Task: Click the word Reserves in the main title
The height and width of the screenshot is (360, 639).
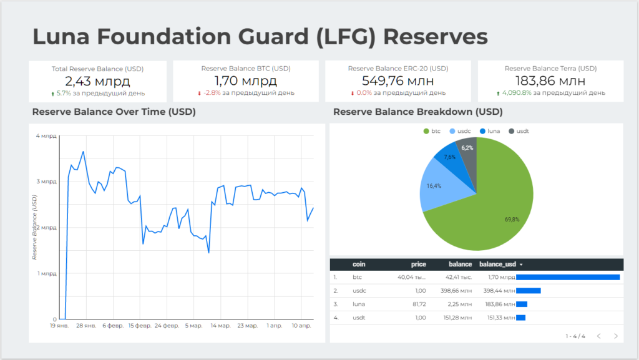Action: pos(435,36)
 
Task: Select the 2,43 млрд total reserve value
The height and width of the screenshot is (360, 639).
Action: pos(97,80)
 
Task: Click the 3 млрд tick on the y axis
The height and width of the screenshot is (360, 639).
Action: pos(46,182)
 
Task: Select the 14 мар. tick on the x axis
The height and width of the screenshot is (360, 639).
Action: pos(220,326)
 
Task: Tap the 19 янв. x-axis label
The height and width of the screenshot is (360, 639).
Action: pos(59,326)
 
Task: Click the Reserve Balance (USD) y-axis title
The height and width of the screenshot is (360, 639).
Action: pos(35,227)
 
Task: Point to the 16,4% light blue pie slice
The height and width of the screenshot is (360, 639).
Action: pos(434,185)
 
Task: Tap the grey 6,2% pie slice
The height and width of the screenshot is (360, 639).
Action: pos(467,148)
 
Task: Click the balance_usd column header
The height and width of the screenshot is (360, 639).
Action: pos(499,265)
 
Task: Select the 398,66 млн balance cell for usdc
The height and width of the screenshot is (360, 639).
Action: pos(459,291)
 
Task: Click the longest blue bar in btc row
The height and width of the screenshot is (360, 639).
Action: pos(568,278)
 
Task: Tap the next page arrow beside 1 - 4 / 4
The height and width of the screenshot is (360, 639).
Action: pos(616,336)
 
